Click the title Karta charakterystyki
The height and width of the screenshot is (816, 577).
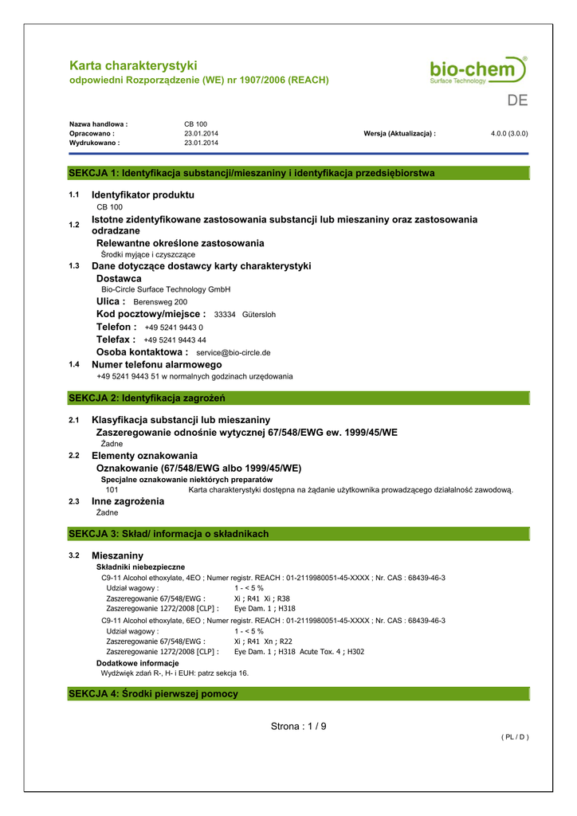coord(133,65)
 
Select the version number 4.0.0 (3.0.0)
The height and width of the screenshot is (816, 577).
coord(509,134)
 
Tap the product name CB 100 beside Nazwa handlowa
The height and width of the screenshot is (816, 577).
coord(195,124)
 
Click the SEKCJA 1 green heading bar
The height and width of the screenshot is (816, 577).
coord(299,173)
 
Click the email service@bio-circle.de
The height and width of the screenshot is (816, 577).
coord(233,352)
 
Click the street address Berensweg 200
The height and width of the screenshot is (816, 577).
coord(160,303)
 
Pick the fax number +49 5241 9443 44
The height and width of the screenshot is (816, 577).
coord(175,340)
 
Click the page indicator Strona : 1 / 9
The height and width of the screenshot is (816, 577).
coord(299,726)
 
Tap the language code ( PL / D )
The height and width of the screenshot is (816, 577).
coord(515,737)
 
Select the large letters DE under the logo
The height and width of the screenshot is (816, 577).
coord(517,101)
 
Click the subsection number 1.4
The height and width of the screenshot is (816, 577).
coord(74,364)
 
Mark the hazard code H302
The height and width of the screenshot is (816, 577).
coord(355,652)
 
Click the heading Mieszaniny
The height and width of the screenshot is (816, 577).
coord(117,555)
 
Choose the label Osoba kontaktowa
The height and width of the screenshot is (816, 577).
coord(142,351)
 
